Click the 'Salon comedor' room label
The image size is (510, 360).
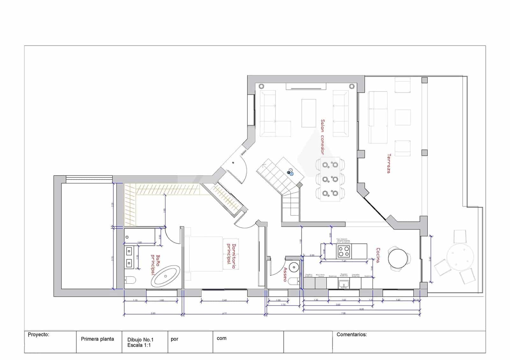[322, 137]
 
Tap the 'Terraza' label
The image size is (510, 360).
[389, 163]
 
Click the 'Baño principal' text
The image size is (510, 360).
[155, 264]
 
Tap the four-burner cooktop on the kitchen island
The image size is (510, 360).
[344, 251]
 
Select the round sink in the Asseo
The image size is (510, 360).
[294, 266]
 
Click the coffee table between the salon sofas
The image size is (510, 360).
[309, 113]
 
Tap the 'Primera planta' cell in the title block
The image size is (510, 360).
[97, 339]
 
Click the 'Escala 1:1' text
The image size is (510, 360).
[139, 345]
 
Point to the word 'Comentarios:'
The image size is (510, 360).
[352, 335]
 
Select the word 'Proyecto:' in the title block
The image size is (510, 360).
[38, 335]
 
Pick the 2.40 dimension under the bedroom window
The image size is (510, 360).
[224, 300]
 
